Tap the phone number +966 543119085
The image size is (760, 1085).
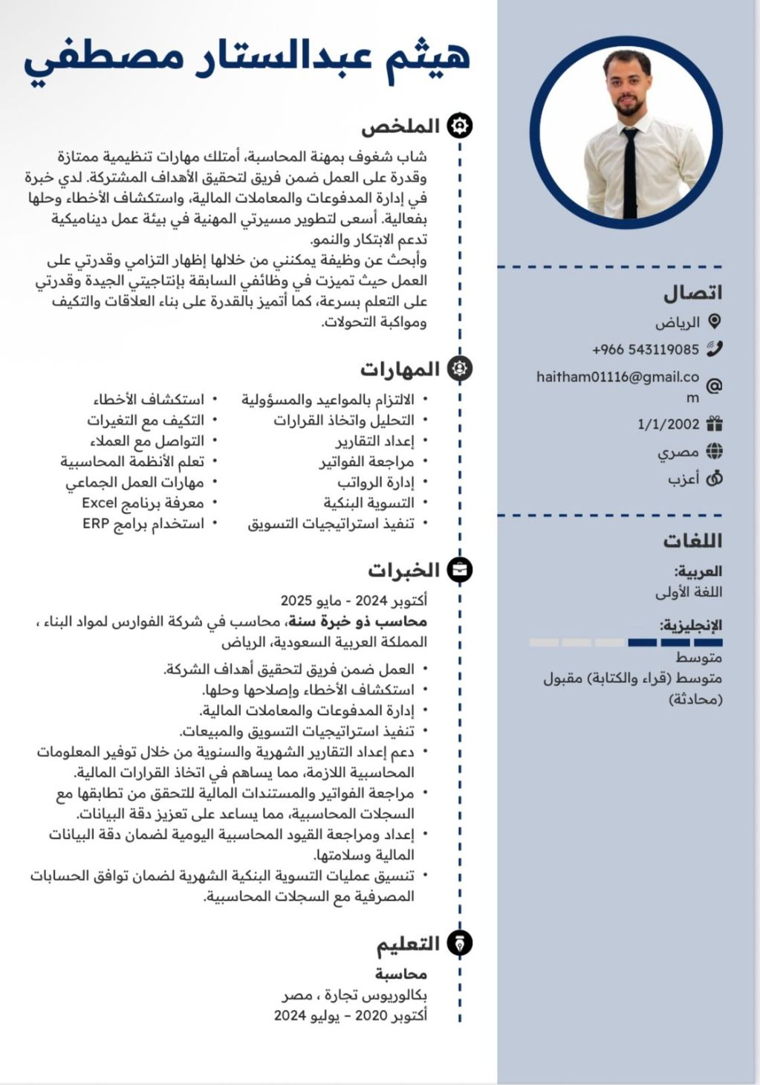pyautogui.click(x=646, y=349)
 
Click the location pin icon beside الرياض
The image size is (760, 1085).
pyautogui.click(x=714, y=322)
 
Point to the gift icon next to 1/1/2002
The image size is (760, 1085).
pyautogui.click(x=714, y=424)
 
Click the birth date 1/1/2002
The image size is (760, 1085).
pyautogui.click(x=668, y=424)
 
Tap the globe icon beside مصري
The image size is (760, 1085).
pyautogui.click(x=714, y=451)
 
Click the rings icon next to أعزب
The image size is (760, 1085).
pyautogui.click(x=714, y=479)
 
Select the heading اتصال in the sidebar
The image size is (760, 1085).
pyautogui.click(x=692, y=293)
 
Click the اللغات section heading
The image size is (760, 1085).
pyautogui.click(x=692, y=540)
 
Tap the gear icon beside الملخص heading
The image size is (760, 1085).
pyautogui.click(x=460, y=126)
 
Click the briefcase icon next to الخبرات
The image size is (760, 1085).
pyautogui.click(x=460, y=570)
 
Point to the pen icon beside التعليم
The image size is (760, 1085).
pyautogui.click(x=460, y=944)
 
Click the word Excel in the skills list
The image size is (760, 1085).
pyautogui.click(x=100, y=503)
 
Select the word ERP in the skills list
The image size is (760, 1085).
pyautogui.click(x=96, y=524)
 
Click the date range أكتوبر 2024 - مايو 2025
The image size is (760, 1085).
pyautogui.click(x=354, y=600)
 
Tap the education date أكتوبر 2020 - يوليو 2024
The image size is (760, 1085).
pyautogui.click(x=351, y=1015)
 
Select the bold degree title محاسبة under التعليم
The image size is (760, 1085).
pyautogui.click(x=400, y=974)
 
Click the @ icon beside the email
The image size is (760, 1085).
pyautogui.click(x=714, y=386)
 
